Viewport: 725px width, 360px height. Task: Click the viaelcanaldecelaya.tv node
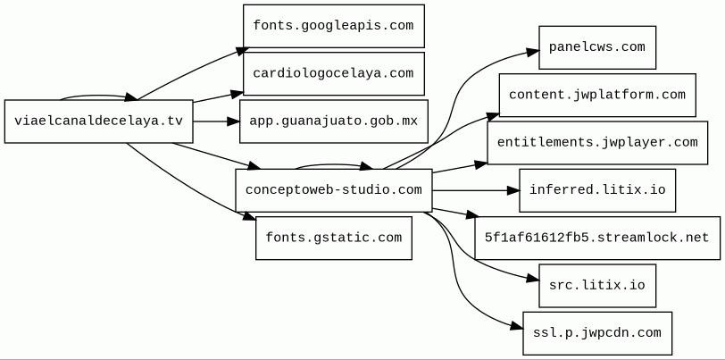pos(98,121)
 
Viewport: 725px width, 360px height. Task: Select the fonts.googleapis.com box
pos(333,26)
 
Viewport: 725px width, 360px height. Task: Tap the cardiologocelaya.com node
pos(333,73)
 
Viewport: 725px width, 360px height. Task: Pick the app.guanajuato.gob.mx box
pos(333,121)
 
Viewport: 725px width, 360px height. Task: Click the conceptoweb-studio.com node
pos(333,190)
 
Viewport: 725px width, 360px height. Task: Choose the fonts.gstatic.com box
pos(333,238)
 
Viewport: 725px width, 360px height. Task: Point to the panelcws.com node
pos(597,47)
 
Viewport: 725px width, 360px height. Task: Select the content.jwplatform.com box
pos(597,95)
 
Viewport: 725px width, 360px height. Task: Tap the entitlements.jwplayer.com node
pos(597,143)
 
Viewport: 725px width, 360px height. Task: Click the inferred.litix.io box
pos(597,190)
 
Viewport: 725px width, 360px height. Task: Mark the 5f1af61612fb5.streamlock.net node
pos(597,238)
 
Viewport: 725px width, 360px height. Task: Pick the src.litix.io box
pos(597,286)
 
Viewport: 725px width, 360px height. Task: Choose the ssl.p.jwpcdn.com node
pos(597,333)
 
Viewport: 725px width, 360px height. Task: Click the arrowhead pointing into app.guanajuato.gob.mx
pos(234,121)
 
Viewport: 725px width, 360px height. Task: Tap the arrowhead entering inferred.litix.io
pos(513,190)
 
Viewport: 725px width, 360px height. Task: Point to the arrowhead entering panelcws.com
pos(533,52)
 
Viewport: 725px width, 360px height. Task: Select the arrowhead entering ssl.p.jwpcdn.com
pos(517,327)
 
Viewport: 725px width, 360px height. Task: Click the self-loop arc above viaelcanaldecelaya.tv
pos(95,96)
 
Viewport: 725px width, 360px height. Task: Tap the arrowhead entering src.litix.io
pos(533,279)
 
